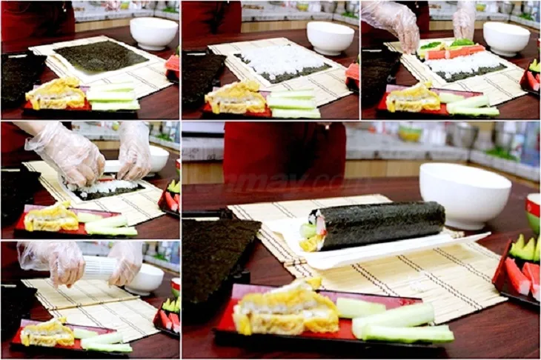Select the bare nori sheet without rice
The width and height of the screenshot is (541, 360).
pyautogui.click(x=101, y=56)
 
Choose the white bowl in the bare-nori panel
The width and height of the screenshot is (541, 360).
pyautogui.click(x=153, y=33)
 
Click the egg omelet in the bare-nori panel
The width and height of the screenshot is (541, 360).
pyautogui.click(x=55, y=94)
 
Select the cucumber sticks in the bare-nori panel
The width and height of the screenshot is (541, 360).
pyautogui.click(x=112, y=97)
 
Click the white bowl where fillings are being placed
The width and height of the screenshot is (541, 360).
pyautogui.click(x=506, y=39)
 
